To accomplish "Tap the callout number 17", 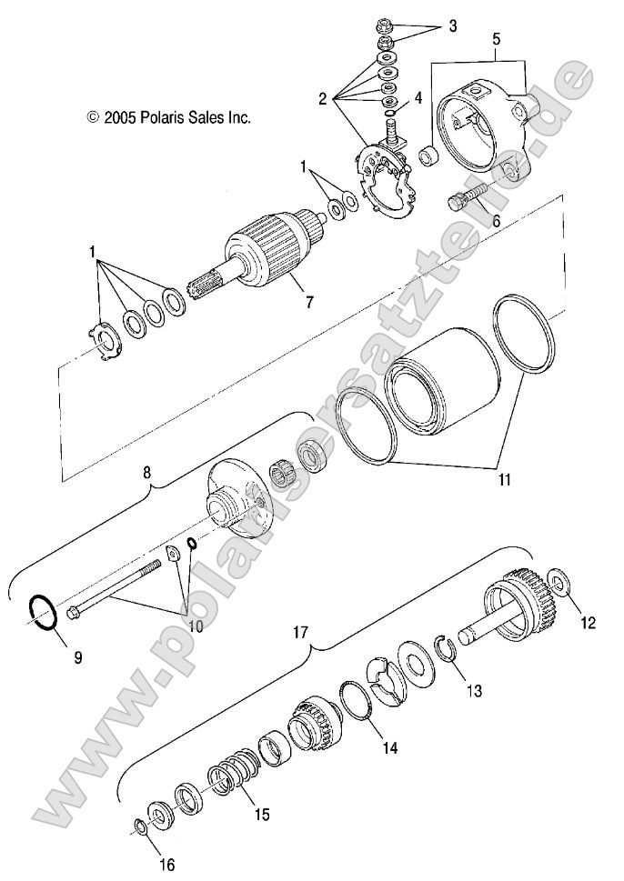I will point(299,628).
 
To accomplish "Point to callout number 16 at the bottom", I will point(167,864).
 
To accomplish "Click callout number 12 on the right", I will point(588,623).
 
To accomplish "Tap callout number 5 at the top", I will point(497,39).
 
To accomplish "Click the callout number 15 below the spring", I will point(261,815).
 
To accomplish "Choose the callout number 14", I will point(389,748).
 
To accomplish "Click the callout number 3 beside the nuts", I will point(452,25).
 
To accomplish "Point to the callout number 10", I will point(195,625).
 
